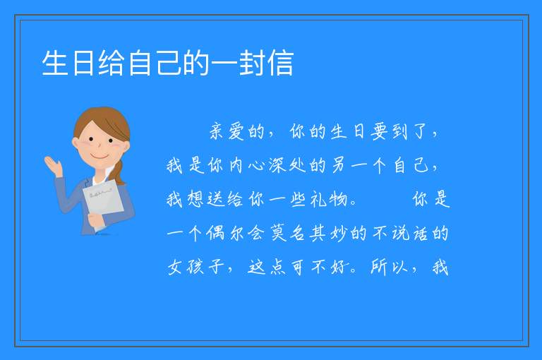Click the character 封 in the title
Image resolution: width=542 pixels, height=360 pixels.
click(x=252, y=63)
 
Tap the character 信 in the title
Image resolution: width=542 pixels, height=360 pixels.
click(x=280, y=63)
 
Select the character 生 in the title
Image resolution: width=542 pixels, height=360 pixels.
click(x=55, y=63)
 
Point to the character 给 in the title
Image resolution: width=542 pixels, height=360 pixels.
click(x=112, y=63)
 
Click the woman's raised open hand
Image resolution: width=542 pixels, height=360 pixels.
click(x=53, y=165)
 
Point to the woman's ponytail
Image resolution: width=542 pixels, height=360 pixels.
click(x=119, y=172)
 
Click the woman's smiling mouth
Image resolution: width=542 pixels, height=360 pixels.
click(x=100, y=157)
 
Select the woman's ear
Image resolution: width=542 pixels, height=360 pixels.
click(x=75, y=143)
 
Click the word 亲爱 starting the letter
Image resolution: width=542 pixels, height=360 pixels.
click(x=227, y=132)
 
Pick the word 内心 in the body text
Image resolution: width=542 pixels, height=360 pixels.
click(x=247, y=166)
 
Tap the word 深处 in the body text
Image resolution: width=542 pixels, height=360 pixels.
click(x=288, y=166)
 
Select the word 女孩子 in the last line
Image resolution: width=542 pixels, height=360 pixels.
click(x=196, y=268)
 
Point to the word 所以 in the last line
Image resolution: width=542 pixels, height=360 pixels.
click(x=390, y=268)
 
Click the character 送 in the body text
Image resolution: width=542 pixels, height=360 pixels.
click(x=216, y=200)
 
